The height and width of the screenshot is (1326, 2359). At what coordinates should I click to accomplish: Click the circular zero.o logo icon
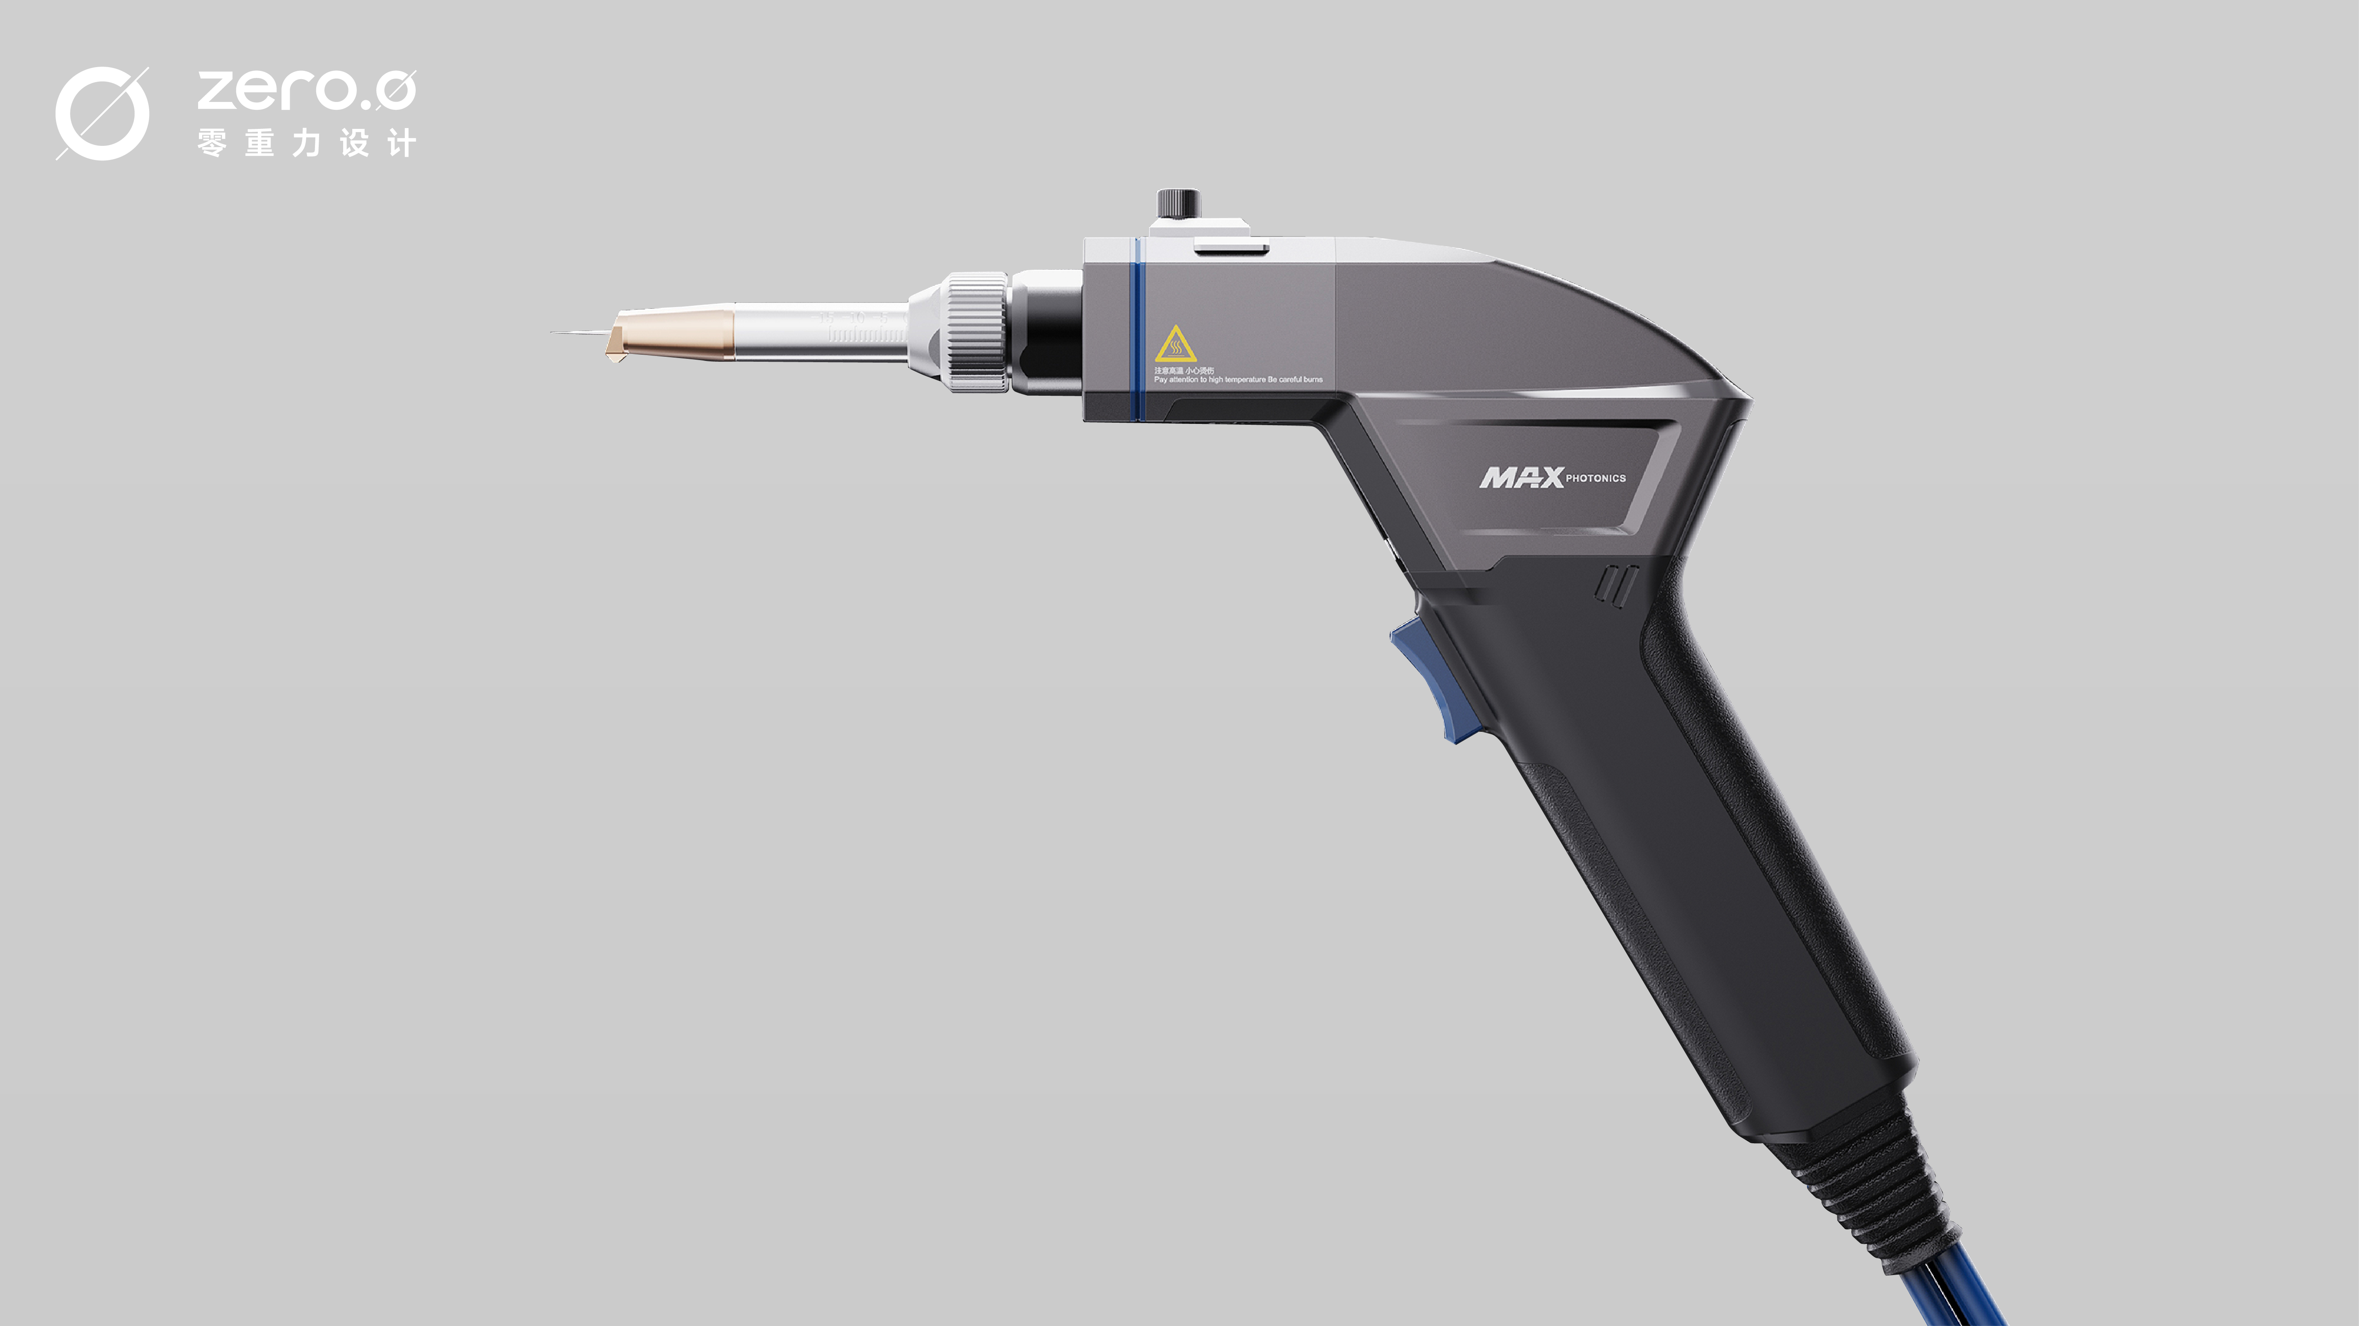tap(102, 114)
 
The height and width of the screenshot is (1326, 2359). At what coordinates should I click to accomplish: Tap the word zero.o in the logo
tap(306, 90)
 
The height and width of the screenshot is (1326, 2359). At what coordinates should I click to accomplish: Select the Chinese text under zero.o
tap(306, 143)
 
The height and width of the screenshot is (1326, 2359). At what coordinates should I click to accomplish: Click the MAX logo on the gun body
tap(1521, 477)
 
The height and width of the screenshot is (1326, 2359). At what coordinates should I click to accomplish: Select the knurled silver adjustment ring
tap(976, 331)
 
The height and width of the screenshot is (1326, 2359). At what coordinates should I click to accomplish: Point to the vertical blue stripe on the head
tap(1136, 330)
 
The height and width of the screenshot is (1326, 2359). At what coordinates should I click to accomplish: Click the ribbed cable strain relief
tap(1877, 1190)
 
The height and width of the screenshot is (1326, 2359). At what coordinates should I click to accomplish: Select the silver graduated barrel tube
tap(820, 331)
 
